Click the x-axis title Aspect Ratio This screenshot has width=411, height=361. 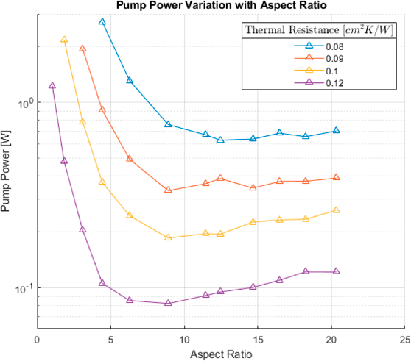(220, 354)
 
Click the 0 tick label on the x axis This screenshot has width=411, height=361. (38, 340)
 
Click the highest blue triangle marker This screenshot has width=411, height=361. (102, 22)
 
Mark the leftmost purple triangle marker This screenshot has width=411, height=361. (52, 85)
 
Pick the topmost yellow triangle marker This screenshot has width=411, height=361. (64, 40)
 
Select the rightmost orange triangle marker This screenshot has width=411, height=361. (337, 177)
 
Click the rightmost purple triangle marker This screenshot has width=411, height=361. (337, 271)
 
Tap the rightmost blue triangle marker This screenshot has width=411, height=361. (337, 130)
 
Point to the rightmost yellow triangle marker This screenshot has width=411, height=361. (337, 210)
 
